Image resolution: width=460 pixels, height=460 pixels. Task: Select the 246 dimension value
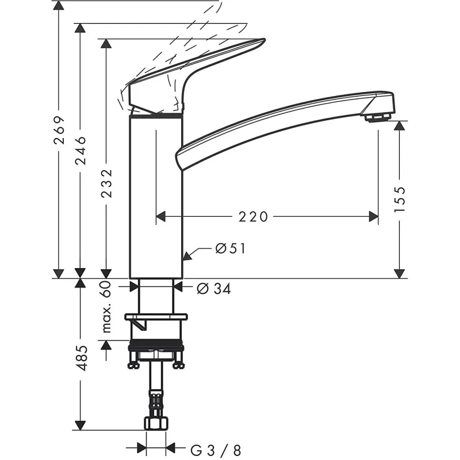pyautogui.click(x=80, y=151)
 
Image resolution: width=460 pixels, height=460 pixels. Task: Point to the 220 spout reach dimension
pyautogui.click(x=254, y=216)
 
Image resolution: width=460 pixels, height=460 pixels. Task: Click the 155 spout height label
pyautogui.click(x=400, y=198)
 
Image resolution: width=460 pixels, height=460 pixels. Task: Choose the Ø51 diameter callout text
pyautogui.click(x=231, y=249)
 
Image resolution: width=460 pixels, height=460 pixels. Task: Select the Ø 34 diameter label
pyautogui.click(x=213, y=289)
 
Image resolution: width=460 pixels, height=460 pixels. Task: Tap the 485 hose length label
pyautogui.click(x=81, y=358)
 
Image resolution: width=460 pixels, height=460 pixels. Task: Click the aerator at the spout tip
pyautogui.click(x=377, y=117)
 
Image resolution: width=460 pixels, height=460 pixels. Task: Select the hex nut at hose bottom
pyautogui.click(x=156, y=424)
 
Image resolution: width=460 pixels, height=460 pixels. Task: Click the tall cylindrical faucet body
pyautogui.click(x=156, y=195)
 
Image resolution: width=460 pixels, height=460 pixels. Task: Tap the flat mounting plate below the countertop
pyautogui.click(x=156, y=317)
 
